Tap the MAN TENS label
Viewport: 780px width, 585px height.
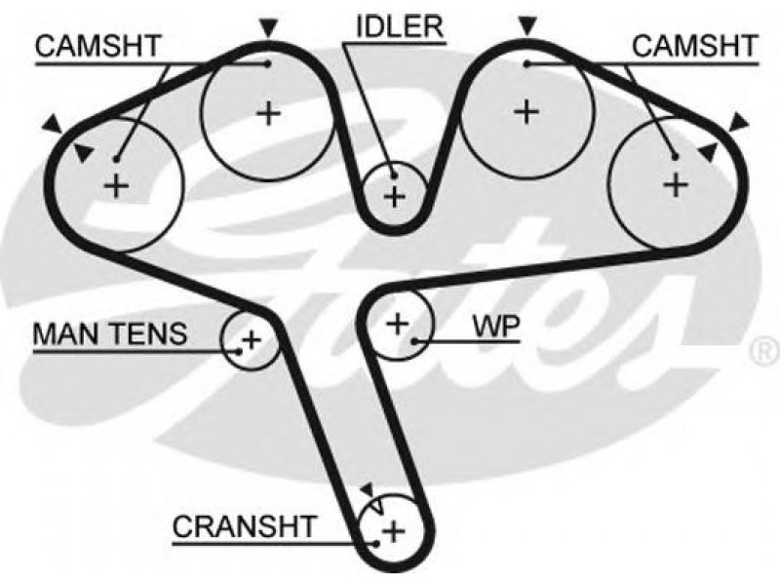tap(110, 333)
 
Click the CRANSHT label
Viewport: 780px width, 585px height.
tap(245, 526)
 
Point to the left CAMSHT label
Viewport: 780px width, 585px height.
tap(98, 46)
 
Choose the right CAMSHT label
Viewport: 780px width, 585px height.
tap(694, 46)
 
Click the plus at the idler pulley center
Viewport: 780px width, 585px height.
tap(395, 197)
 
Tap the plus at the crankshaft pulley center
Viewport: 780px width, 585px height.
tap(394, 531)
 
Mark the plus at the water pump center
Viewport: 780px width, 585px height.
tap(398, 324)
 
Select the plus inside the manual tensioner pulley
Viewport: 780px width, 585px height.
tap(252, 340)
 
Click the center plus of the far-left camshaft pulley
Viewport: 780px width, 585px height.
tap(116, 186)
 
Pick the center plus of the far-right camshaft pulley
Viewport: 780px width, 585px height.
tap(676, 184)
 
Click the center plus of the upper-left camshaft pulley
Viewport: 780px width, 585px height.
tap(269, 113)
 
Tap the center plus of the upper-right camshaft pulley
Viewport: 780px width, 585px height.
tap(526, 111)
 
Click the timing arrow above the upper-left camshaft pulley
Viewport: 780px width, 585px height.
tap(269, 28)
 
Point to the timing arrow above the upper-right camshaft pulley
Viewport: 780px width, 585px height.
tap(527, 26)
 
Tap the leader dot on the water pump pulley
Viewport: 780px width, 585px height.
tap(414, 340)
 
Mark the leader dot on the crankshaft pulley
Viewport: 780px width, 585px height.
tap(376, 543)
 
